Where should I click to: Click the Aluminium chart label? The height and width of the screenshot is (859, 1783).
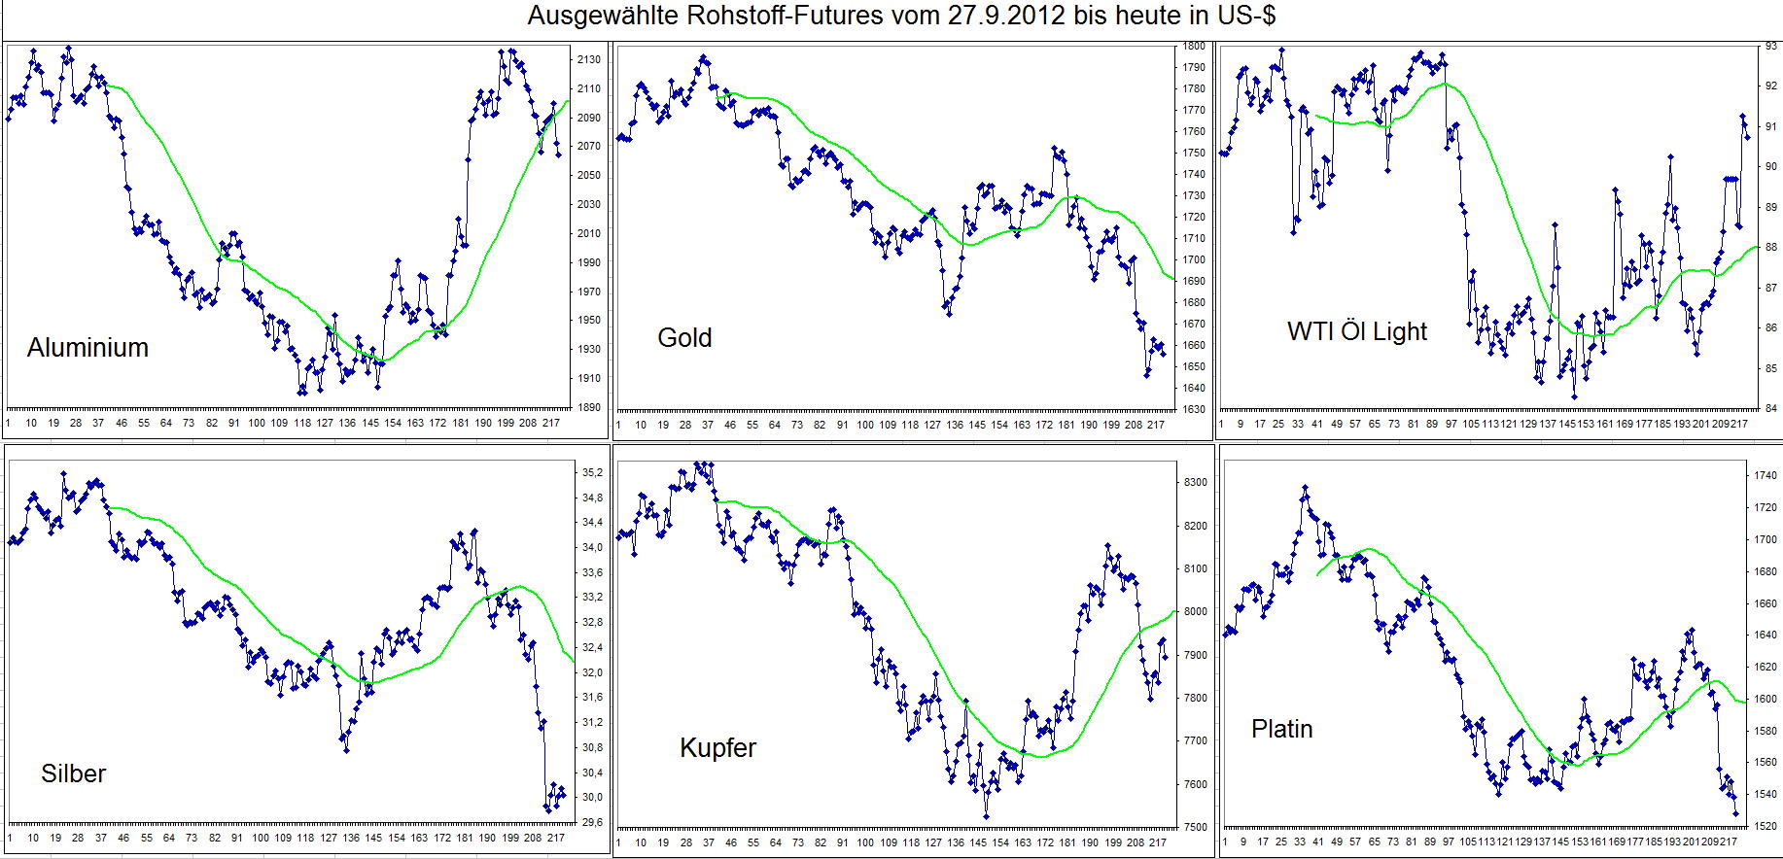pyautogui.click(x=87, y=348)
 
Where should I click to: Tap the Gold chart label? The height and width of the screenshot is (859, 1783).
pyautogui.click(x=684, y=338)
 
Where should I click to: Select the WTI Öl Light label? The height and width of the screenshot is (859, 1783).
pyautogui.click(x=1356, y=331)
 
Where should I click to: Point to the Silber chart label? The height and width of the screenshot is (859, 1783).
pyautogui.click(x=73, y=773)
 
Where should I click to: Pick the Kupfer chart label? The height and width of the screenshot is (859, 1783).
pyautogui.click(x=717, y=747)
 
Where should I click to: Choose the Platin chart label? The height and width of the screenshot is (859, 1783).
pyautogui.click(x=1281, y=729)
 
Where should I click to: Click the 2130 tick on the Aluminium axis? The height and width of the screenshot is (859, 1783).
pyautogui.click(x=588, y=60)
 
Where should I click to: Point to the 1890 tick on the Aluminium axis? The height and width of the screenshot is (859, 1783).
pyautogui.click(x=588, y=408)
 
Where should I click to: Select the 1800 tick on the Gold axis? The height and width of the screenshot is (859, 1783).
pyautogui.click(x=1194, y=47)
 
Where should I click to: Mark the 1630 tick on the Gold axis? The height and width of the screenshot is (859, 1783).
pyautogui.click(x=1194, y=409)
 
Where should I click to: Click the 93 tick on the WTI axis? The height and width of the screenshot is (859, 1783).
pyautogui.click(x=1770, y=46)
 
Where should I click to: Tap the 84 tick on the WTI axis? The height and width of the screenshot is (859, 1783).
pyautogui.click(x=1770, y=409)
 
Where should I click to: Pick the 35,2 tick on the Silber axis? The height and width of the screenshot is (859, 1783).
pyautogui.click(x=593, y=473)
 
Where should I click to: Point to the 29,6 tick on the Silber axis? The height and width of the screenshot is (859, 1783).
pyautogui.click(x=593, y=823)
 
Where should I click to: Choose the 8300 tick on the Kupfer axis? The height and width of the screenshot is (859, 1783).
pyautogui.click(x=1195, y=483)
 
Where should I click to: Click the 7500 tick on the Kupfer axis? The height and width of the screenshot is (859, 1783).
pyautogui.click(x=1195, y=828)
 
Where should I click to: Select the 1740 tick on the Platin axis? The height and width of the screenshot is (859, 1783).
pyautogui.click(x=1766, y=476)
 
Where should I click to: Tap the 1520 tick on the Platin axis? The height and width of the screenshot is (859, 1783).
pyautogui.click(x=1766, y=827)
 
